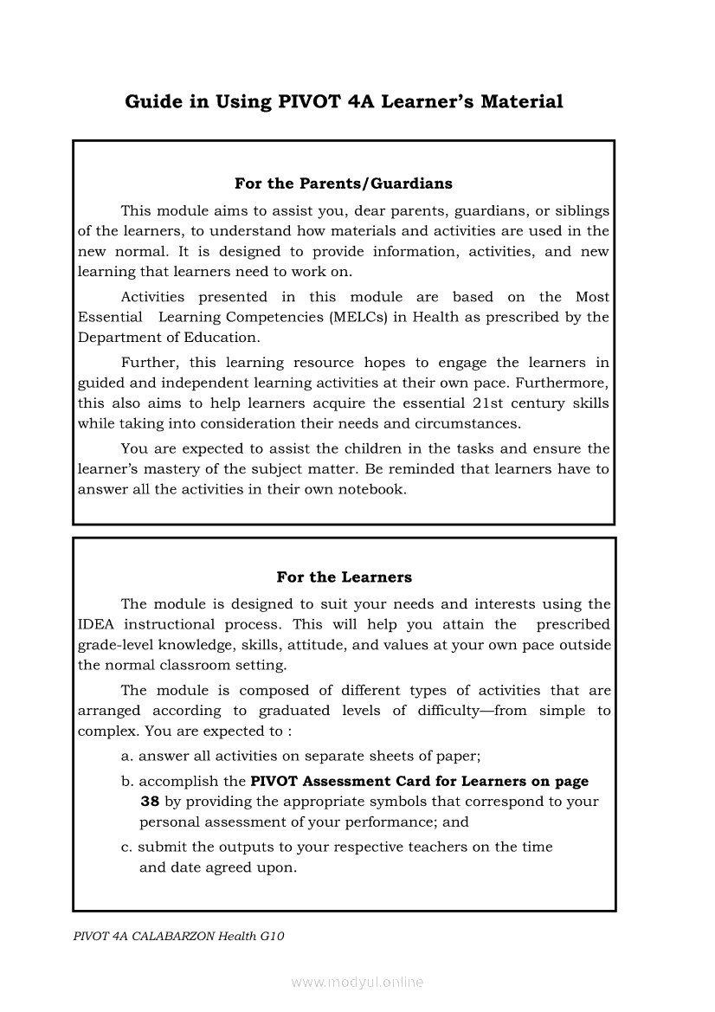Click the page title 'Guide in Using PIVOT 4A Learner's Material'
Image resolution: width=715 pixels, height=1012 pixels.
pos(344,102)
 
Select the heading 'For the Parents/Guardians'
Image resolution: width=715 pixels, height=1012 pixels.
pos(343,184)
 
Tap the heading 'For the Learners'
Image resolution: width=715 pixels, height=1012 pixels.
pos(344,577)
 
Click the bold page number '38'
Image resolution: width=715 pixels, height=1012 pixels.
pos(149,802)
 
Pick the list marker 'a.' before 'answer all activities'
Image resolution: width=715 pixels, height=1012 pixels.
pos(127,756)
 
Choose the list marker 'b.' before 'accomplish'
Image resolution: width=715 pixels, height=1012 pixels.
pos(127,781)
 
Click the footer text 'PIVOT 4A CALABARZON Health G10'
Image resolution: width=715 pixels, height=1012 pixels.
pos(179,936)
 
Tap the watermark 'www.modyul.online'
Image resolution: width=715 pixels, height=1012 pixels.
pos(357,983)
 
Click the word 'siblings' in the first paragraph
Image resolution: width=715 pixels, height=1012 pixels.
pos(583,210)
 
